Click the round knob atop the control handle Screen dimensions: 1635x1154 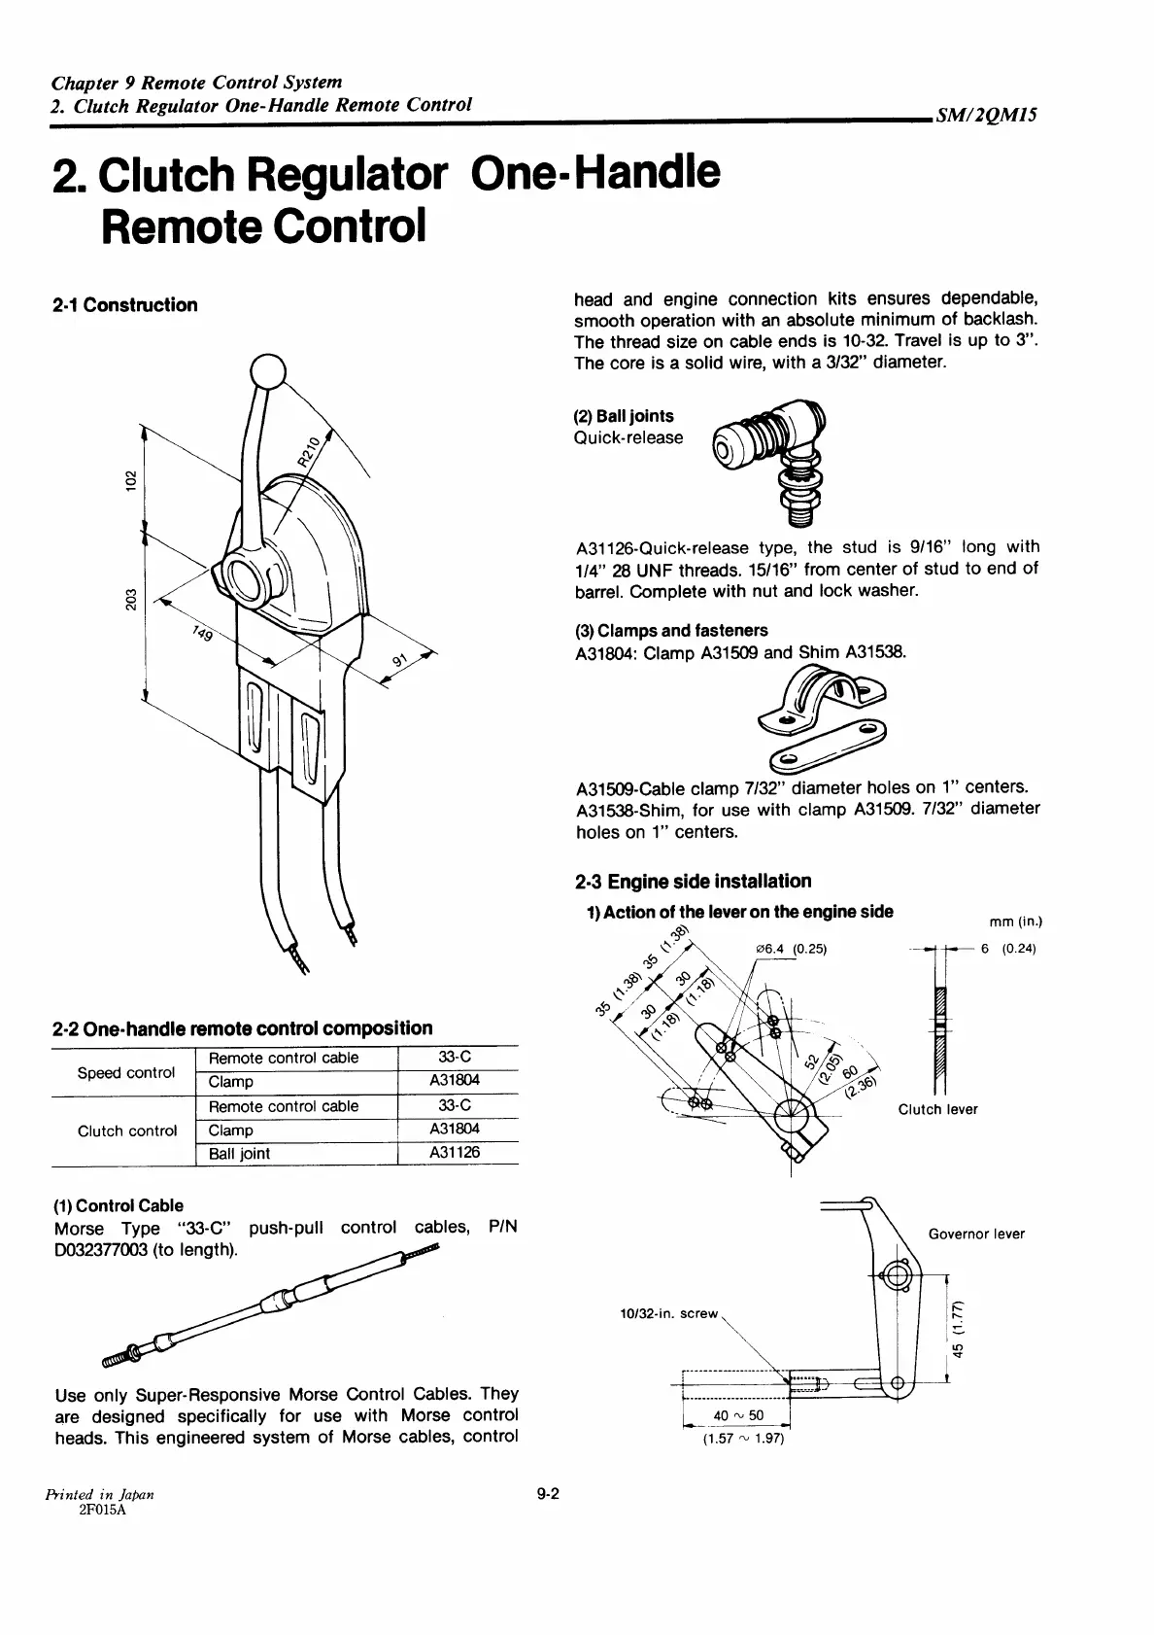(x=268, y=371)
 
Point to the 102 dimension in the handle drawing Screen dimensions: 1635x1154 (x=128, y=480)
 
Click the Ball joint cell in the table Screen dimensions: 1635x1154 (x=240, y=1153)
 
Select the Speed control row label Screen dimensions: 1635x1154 (x=126, y=1072)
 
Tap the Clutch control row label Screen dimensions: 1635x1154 (x=127, y=1131)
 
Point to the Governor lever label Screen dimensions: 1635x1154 (x=976, y=1234)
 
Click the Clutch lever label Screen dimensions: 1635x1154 (x=937, y=1109)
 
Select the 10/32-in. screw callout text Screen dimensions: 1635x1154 (x=668, y=1313)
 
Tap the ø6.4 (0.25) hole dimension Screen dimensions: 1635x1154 (x=790, y=949)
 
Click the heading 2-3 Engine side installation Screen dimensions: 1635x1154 (x=693, y=882)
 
